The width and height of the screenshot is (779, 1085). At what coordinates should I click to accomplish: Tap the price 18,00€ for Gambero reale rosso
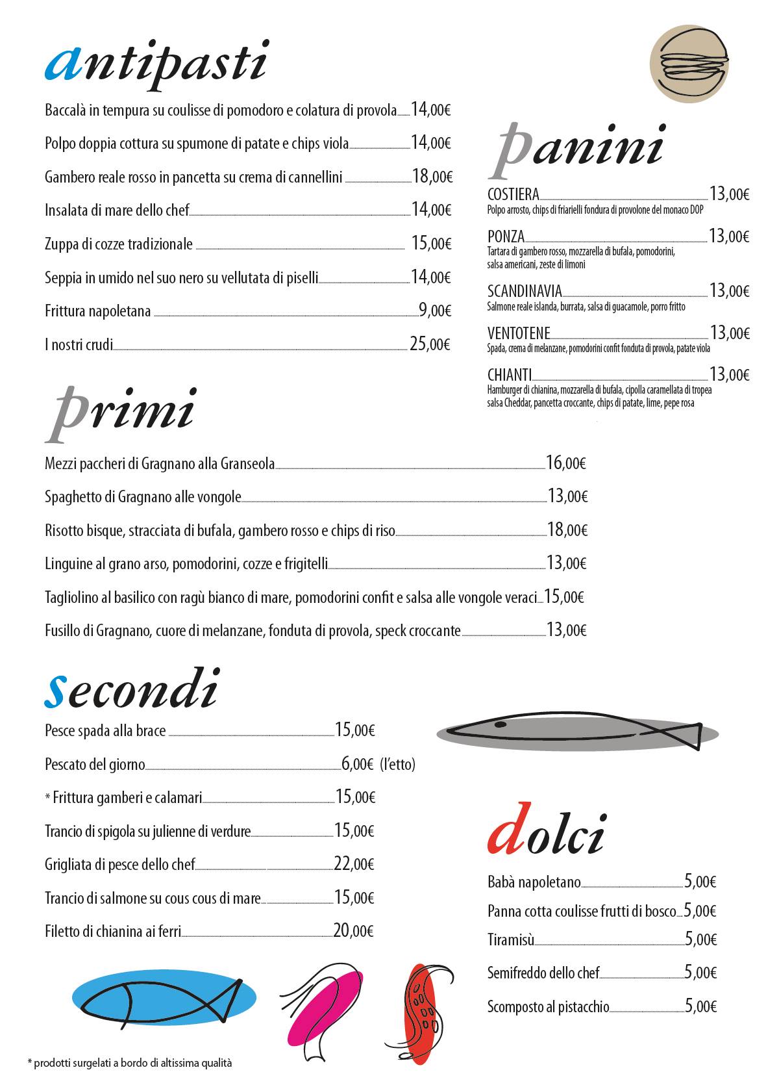[432, 176]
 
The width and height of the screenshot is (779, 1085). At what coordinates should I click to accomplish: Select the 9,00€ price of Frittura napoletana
[435, 311]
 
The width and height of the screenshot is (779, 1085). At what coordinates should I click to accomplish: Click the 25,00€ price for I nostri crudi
[430, 344]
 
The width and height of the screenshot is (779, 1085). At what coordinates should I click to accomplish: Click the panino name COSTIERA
[513, 194]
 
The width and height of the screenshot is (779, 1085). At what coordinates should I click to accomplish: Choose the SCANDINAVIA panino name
[525, 291]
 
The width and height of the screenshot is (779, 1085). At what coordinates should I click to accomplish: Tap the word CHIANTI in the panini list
[510, 374]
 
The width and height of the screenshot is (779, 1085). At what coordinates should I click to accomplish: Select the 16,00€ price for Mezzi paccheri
[566, 463]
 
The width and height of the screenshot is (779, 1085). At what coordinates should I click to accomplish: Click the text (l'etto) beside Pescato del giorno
[397, 764]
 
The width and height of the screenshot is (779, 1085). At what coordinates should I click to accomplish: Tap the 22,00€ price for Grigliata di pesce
[354, 864]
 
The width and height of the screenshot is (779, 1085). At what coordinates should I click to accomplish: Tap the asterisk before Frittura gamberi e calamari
[48, 797]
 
